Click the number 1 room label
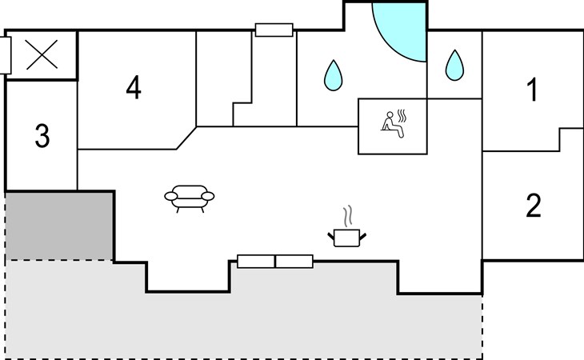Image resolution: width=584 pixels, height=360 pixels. click(x=534, y=90)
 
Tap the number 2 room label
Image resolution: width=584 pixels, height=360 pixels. click(x=534, y=206)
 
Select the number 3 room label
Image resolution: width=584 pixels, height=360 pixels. click(x=42, y=136)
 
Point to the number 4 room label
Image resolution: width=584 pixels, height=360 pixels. click(x=134, y=87)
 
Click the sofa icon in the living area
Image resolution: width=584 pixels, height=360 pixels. click(x=190, y=198)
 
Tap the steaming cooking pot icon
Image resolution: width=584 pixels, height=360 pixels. click(x=346, y=226)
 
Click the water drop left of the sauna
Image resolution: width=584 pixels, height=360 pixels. click(x=334, y=75)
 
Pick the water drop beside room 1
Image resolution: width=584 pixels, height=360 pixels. click(x=454, y=65)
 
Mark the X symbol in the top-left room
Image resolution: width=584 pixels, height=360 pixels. click(x=42, y=54)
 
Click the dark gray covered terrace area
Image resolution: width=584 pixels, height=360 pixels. click(x=59, y=226)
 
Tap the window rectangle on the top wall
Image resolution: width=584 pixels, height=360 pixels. click(x=274, y=30)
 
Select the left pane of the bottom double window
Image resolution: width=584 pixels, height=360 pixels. click(x=256, y=262)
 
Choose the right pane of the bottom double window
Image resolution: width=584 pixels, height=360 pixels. click(x=294, y=262)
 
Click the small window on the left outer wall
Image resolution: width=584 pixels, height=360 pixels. click(x=6, y=55)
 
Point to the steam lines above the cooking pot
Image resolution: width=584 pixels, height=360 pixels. click(x=347, y=216)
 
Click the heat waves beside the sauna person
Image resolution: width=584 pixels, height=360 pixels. click(x=402, y=116)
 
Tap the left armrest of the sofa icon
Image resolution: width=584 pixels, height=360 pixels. click(x=171, y=196)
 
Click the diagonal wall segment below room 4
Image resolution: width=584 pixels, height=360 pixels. click(x=186, y=138)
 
